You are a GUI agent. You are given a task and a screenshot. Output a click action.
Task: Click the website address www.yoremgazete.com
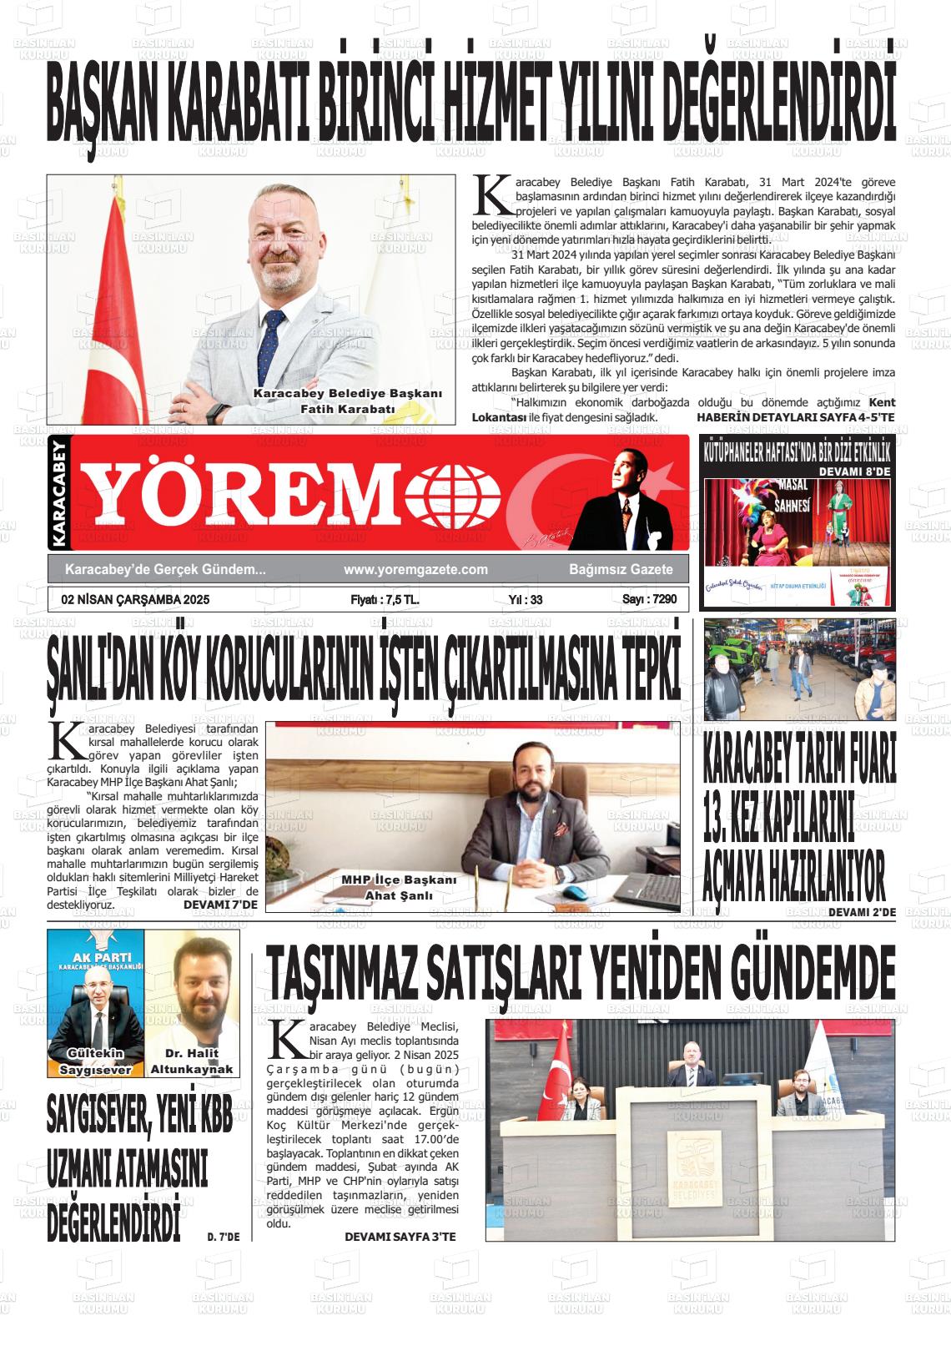(x=415, y=569)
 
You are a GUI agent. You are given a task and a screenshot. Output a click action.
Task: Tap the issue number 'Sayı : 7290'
(x=649, y=599)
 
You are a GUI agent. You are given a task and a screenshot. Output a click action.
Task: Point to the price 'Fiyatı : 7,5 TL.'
(x=385, y=599)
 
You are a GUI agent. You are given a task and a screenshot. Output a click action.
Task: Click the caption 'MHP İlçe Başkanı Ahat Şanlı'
(x=399, y=888)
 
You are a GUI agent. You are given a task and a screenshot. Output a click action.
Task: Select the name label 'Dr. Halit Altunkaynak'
(x=192, y=1062)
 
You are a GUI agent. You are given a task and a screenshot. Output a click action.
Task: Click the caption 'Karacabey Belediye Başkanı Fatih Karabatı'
(x=347, y=401)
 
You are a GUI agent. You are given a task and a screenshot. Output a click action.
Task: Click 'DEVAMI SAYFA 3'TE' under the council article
(x=400, y=1237)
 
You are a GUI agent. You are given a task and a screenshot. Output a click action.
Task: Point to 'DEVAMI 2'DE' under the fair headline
(x=862, y=912)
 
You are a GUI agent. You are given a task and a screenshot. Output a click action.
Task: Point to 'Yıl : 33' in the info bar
(x=526, y=599)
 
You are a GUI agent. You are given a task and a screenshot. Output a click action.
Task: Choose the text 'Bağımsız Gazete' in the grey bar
(x=616, y=569)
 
